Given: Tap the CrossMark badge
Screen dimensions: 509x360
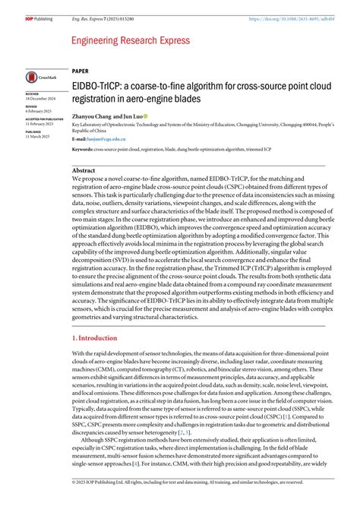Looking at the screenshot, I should pos(37,77).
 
